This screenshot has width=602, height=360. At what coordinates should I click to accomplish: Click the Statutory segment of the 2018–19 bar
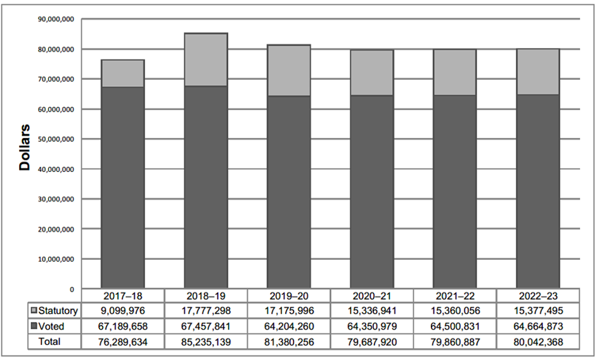(x=206, y=60)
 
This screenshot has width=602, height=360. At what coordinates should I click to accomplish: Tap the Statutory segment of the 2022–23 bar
(x=537, y=72)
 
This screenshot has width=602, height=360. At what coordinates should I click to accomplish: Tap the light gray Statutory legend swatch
(x=34, y=311)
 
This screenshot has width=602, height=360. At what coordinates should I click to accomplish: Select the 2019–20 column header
(x=288, y=295)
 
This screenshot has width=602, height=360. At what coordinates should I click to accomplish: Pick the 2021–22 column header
(x=454, y=295)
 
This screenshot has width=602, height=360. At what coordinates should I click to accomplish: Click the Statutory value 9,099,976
(x=123, y=311)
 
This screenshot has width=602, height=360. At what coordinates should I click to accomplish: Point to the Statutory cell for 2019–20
(x=288, y=311)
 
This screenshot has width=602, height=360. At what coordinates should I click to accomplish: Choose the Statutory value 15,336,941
(x=371, y=311)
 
